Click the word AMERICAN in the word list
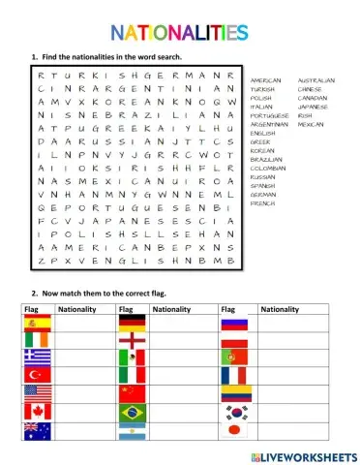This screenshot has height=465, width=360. pyautogui.click(x=266, y=80)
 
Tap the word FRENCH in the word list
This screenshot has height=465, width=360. pyautogui.click(x=261, y=203)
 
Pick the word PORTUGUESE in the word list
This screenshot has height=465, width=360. pyautogui.click(x=270, y=115)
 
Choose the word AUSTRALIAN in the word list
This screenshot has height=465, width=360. pyautogui.click(x=317, y=80)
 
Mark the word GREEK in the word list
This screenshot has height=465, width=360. pyautogui.click(x=261, y=141)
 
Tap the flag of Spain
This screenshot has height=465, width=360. pyautogui.click(x=31, y=323)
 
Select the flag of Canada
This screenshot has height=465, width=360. pyautogui.click(x=31, y=411)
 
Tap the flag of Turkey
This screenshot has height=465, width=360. pyautogui.click(x=31, y=375)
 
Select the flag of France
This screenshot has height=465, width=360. pyautogui.click(x=232, y=375)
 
